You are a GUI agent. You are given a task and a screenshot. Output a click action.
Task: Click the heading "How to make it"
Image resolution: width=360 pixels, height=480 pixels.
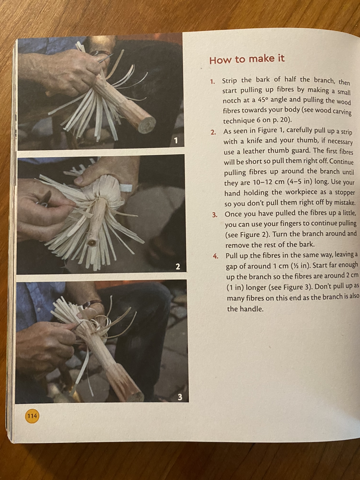[247, 59]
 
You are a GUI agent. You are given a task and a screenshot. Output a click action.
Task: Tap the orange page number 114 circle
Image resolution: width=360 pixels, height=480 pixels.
[32, 415]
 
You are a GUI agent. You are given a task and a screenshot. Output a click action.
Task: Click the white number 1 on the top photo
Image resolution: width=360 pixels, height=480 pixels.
[176, 141]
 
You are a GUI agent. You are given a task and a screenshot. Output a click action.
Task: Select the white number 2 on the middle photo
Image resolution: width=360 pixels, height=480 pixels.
[178, 266]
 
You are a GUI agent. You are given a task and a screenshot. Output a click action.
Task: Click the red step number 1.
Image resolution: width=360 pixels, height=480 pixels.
[212, 82]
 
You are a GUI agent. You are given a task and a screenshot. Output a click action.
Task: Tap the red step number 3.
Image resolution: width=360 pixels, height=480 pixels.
[215, 215]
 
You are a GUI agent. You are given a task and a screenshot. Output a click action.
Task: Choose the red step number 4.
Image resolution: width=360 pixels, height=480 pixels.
[215, 256]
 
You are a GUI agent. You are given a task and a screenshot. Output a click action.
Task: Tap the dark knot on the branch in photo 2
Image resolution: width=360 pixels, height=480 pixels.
[92, 243]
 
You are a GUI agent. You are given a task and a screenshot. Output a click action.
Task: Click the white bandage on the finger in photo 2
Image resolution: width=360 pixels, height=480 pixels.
[126, 187]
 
